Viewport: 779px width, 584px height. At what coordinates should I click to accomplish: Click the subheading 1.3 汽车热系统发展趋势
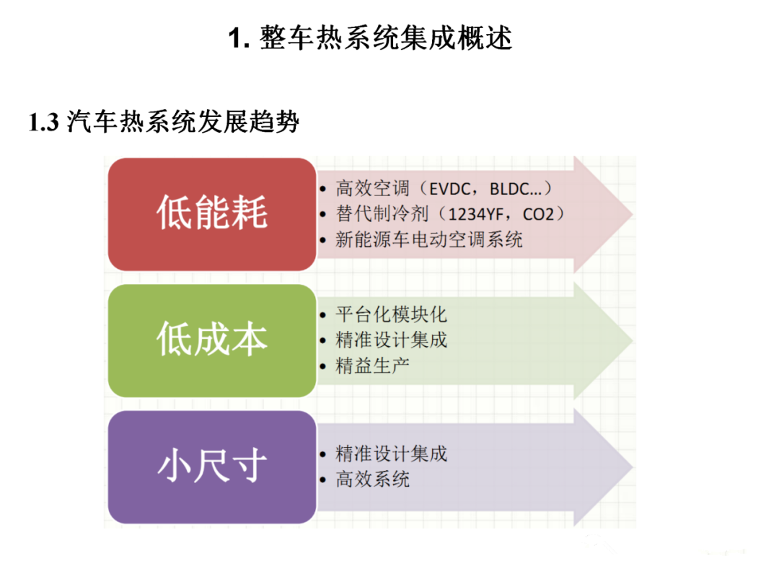tap(164, 122)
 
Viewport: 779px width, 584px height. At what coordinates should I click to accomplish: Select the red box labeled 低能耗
tap(212, 215)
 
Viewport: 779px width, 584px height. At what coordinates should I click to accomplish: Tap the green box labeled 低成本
tap(212, 340)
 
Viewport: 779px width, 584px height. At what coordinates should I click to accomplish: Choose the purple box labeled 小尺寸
tap(212, 466)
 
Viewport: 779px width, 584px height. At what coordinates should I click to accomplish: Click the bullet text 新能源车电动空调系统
tap(428, 240)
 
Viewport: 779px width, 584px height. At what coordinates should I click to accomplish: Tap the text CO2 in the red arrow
tap(538, 215)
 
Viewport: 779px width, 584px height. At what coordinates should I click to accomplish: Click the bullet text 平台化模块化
tap(392, 315)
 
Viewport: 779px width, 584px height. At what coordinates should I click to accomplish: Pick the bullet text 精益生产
tap(373, 366)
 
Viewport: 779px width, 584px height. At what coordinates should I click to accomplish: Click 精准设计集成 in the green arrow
tap(392, 340)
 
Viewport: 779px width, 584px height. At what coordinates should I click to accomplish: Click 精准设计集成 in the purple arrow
tap(392, 454)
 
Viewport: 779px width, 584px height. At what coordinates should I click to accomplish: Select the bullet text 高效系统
tap(373, 479)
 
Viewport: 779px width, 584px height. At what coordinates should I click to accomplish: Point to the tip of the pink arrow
tap(633, 215)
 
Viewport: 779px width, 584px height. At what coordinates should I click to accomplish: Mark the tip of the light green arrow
tap(633, 340)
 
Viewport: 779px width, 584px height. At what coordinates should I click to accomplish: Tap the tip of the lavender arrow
tap(633, 466)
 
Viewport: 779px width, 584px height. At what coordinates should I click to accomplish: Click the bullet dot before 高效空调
tap(323, 190)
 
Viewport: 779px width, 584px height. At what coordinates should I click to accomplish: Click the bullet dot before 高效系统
tap(323, 480)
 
